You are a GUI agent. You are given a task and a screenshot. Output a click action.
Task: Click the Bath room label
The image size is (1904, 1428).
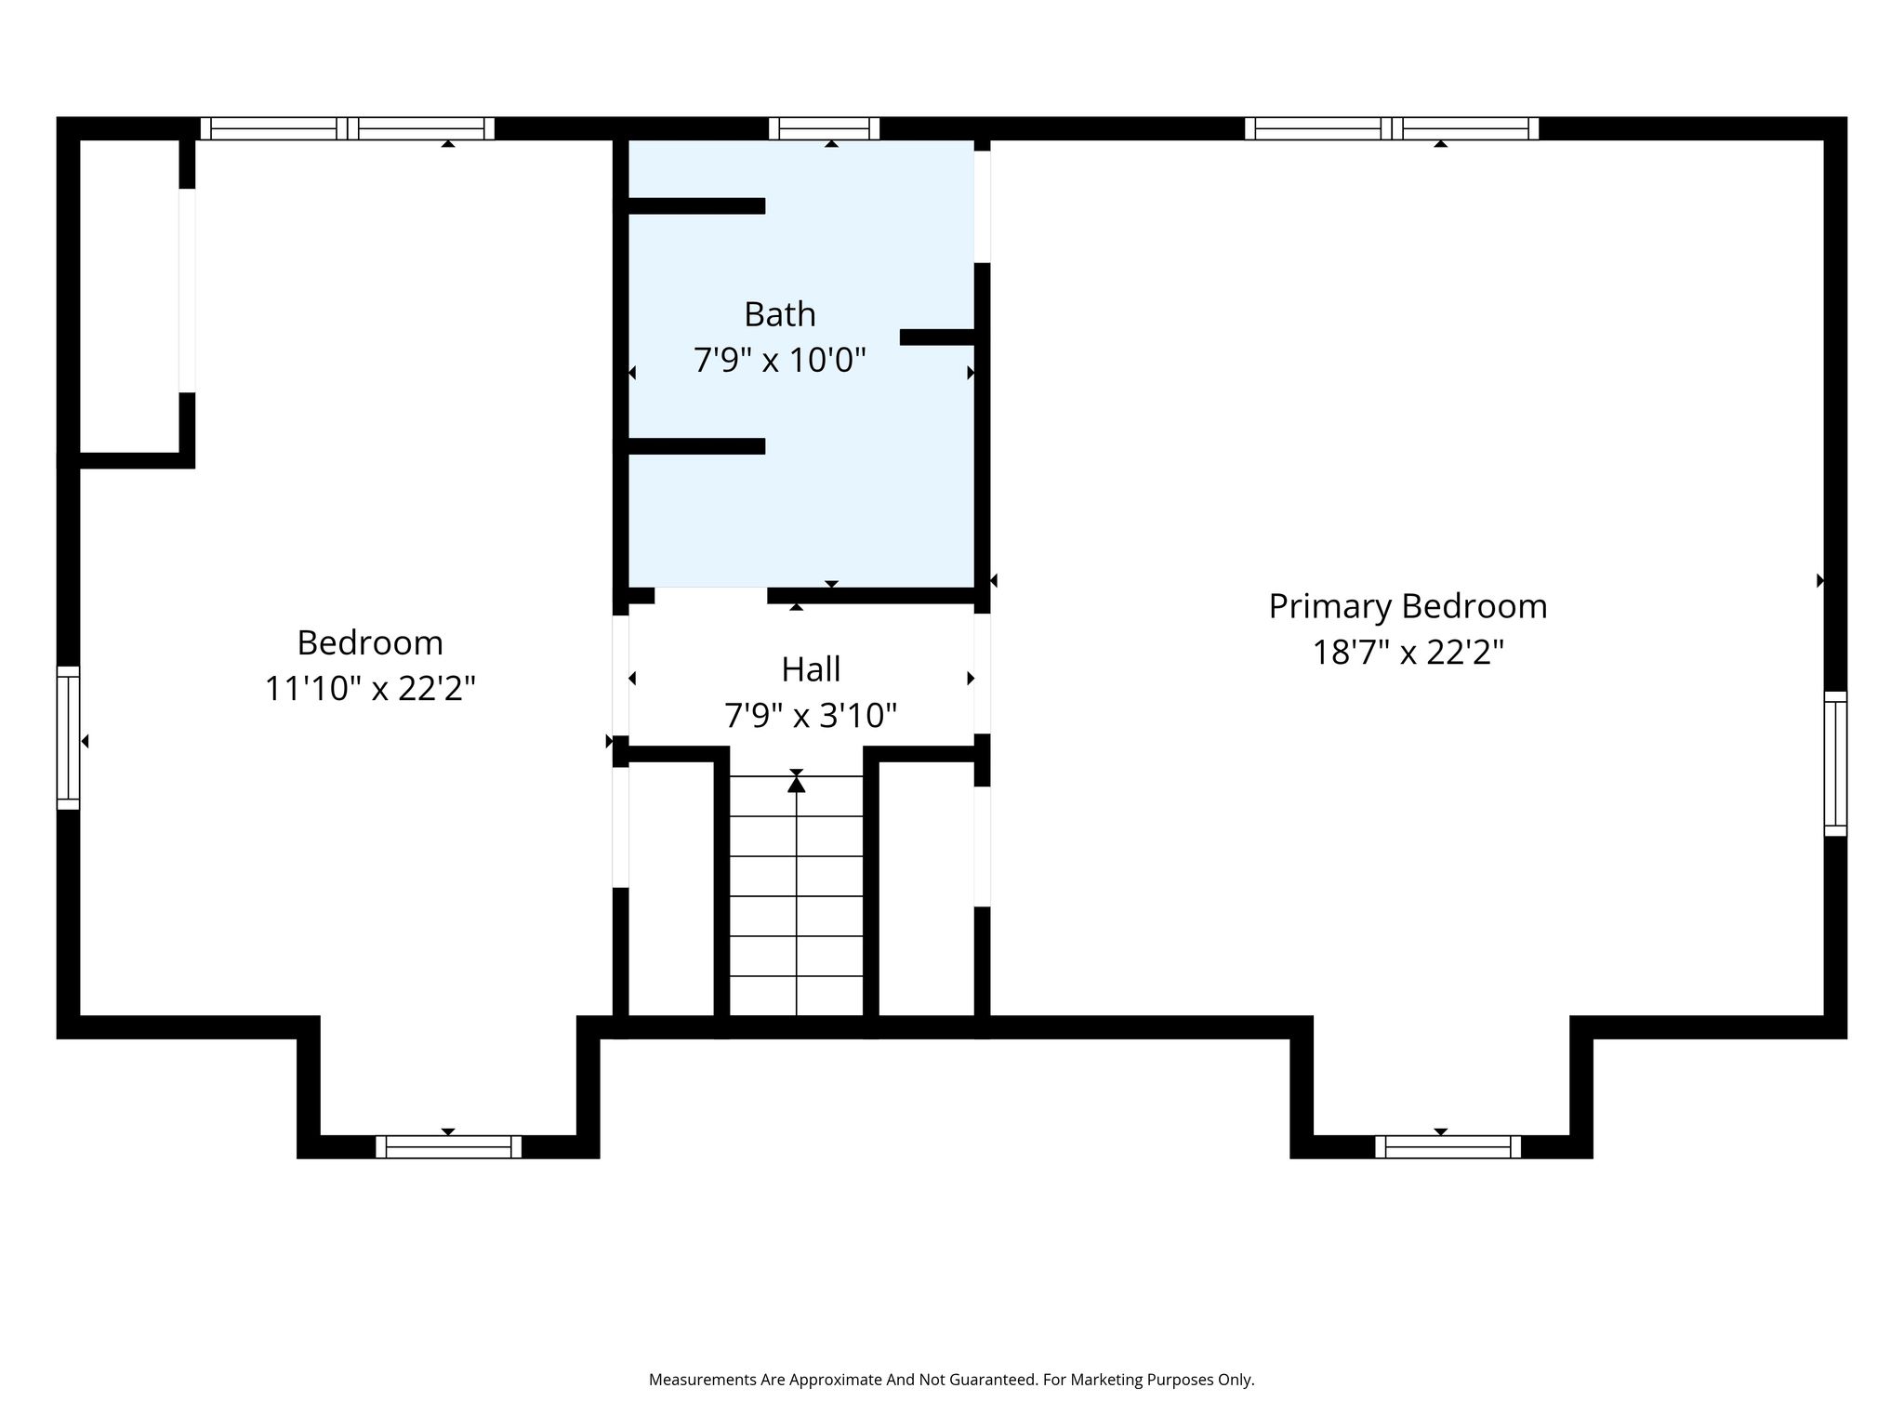point(779,314)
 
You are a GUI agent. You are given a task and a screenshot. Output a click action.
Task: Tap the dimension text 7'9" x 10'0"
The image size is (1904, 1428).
point(779,359)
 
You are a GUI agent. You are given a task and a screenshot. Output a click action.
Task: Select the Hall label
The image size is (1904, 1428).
point(811,669)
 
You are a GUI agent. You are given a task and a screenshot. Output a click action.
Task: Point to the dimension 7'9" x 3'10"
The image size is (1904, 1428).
point(811,715)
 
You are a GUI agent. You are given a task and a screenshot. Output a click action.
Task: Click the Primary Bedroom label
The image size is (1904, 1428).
point(1408,606)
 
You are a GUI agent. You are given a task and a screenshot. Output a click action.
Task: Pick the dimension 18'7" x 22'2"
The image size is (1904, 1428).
point(1408,652)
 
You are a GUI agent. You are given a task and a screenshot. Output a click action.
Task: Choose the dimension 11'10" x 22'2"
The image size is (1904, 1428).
point(370,689)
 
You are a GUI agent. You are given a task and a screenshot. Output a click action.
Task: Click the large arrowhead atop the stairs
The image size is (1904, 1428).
point(796,784)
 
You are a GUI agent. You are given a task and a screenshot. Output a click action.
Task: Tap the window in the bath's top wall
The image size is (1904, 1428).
point(825,128)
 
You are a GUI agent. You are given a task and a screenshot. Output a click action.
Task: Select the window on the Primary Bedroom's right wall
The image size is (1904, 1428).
point(1835,763)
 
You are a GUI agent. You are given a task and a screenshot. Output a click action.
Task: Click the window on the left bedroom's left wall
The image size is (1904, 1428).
point(68,737)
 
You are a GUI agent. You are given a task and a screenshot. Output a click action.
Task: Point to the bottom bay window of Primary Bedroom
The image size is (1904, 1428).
point(1448,1146)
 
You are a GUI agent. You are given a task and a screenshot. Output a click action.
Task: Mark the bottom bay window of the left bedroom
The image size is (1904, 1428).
point(448,1146)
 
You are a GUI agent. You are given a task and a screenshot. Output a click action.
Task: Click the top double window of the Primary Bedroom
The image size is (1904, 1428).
point(1392,128)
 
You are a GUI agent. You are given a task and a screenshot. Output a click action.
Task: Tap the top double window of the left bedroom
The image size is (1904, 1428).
point(347,128)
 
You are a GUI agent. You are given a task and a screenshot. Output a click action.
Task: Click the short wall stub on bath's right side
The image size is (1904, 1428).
point(937,337)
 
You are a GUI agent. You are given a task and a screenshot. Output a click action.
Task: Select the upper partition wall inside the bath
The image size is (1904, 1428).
point(696,206)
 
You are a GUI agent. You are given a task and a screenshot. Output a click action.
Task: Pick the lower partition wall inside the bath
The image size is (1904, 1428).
point(696,446)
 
